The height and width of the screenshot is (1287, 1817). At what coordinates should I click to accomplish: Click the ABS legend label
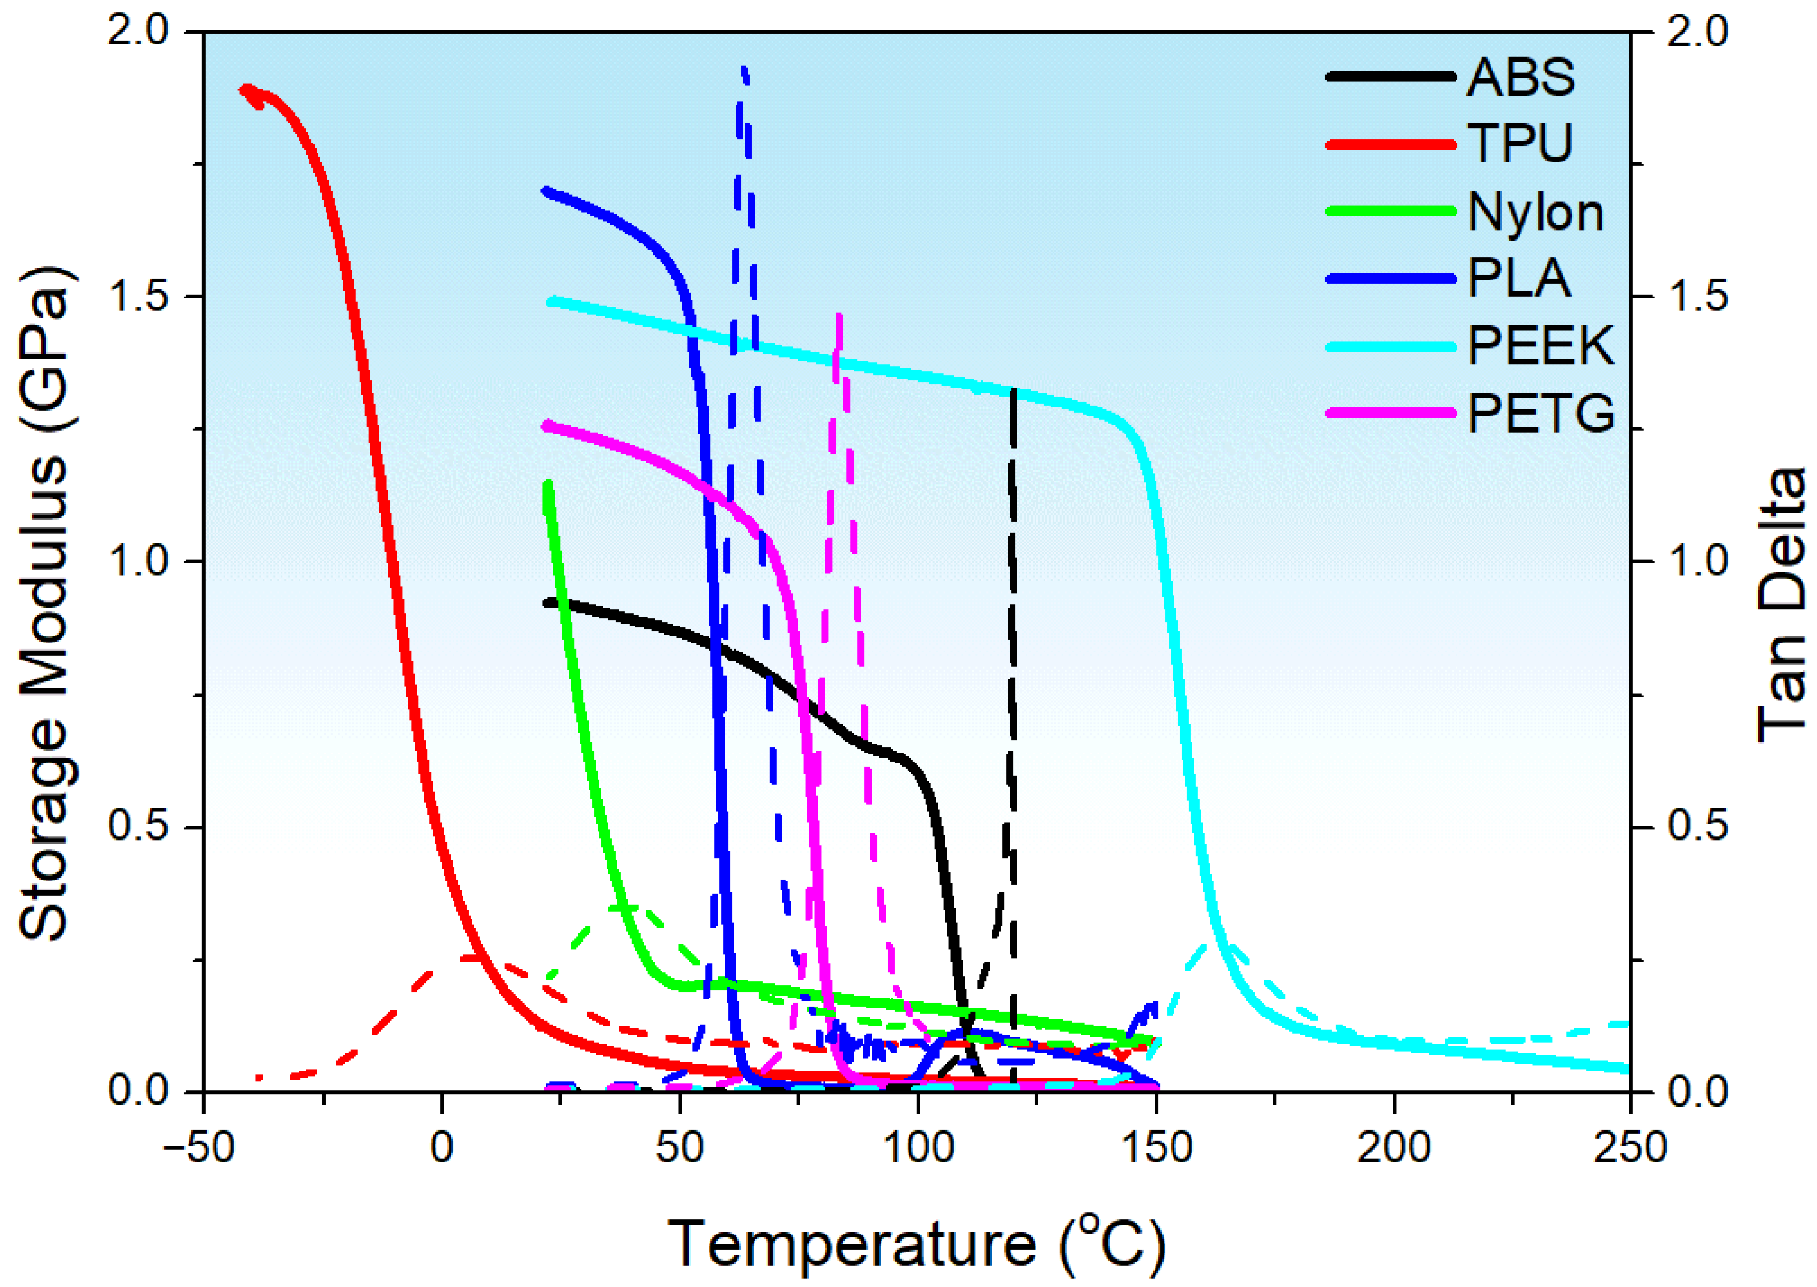click(x=1520, y=78)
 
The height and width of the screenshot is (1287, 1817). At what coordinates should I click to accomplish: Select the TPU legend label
click(x=1520, y=144)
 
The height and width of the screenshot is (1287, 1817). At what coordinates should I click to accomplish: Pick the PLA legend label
click(x=1518, y=279)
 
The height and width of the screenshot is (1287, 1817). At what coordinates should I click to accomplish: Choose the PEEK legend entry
click(x=1540, y=346)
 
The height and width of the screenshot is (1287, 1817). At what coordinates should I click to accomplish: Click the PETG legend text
click(x=1540, y=413)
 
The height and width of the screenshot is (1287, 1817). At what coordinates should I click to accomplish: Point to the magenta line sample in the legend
click(x=1391, y=413)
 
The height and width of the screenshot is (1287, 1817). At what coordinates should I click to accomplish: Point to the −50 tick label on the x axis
click(x=199, y=1147)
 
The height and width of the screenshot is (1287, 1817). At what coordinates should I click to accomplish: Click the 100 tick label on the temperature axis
click(x=917, y=1147)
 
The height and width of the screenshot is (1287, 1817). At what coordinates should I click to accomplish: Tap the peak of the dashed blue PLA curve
click(x=743, y=70)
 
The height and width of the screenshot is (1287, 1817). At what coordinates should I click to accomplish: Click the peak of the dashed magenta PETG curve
click(x=839, y=315)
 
